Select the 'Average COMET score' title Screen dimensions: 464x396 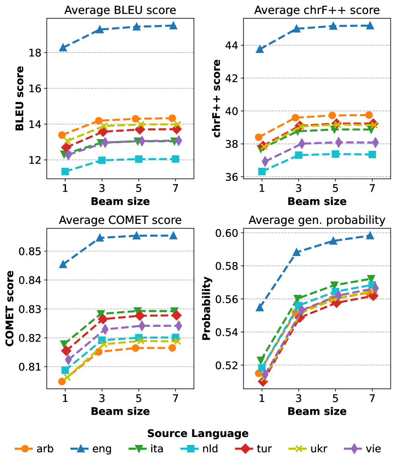(120, 220)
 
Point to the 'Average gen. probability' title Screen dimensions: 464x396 (317, 220)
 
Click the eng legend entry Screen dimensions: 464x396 (94, 449)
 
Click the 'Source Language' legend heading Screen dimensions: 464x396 (198, 433)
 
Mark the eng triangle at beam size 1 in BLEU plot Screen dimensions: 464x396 (63, 48)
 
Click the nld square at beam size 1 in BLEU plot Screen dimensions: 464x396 (65, 171)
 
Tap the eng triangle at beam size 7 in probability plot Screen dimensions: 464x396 (370, 235)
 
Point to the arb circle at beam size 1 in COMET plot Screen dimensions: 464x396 (62, 381)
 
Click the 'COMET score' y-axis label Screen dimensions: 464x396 (10, 308)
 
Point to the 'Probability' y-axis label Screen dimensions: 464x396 (206, 308)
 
